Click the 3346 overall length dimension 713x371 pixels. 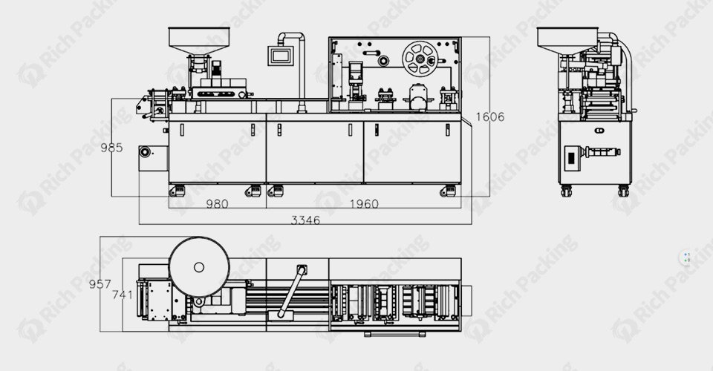click(305, 220)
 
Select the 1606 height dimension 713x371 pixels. click(489, 117)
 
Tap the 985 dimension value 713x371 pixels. click(111, 148)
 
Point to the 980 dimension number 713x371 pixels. click(217, 204)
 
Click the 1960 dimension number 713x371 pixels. click(364, 204)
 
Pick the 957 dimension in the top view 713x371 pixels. click(100, 284)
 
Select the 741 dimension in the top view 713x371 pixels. click(123, 295)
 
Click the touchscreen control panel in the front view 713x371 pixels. click(280, 56)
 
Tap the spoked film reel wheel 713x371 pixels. click(420, 59)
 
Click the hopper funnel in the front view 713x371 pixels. click(199, 40)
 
